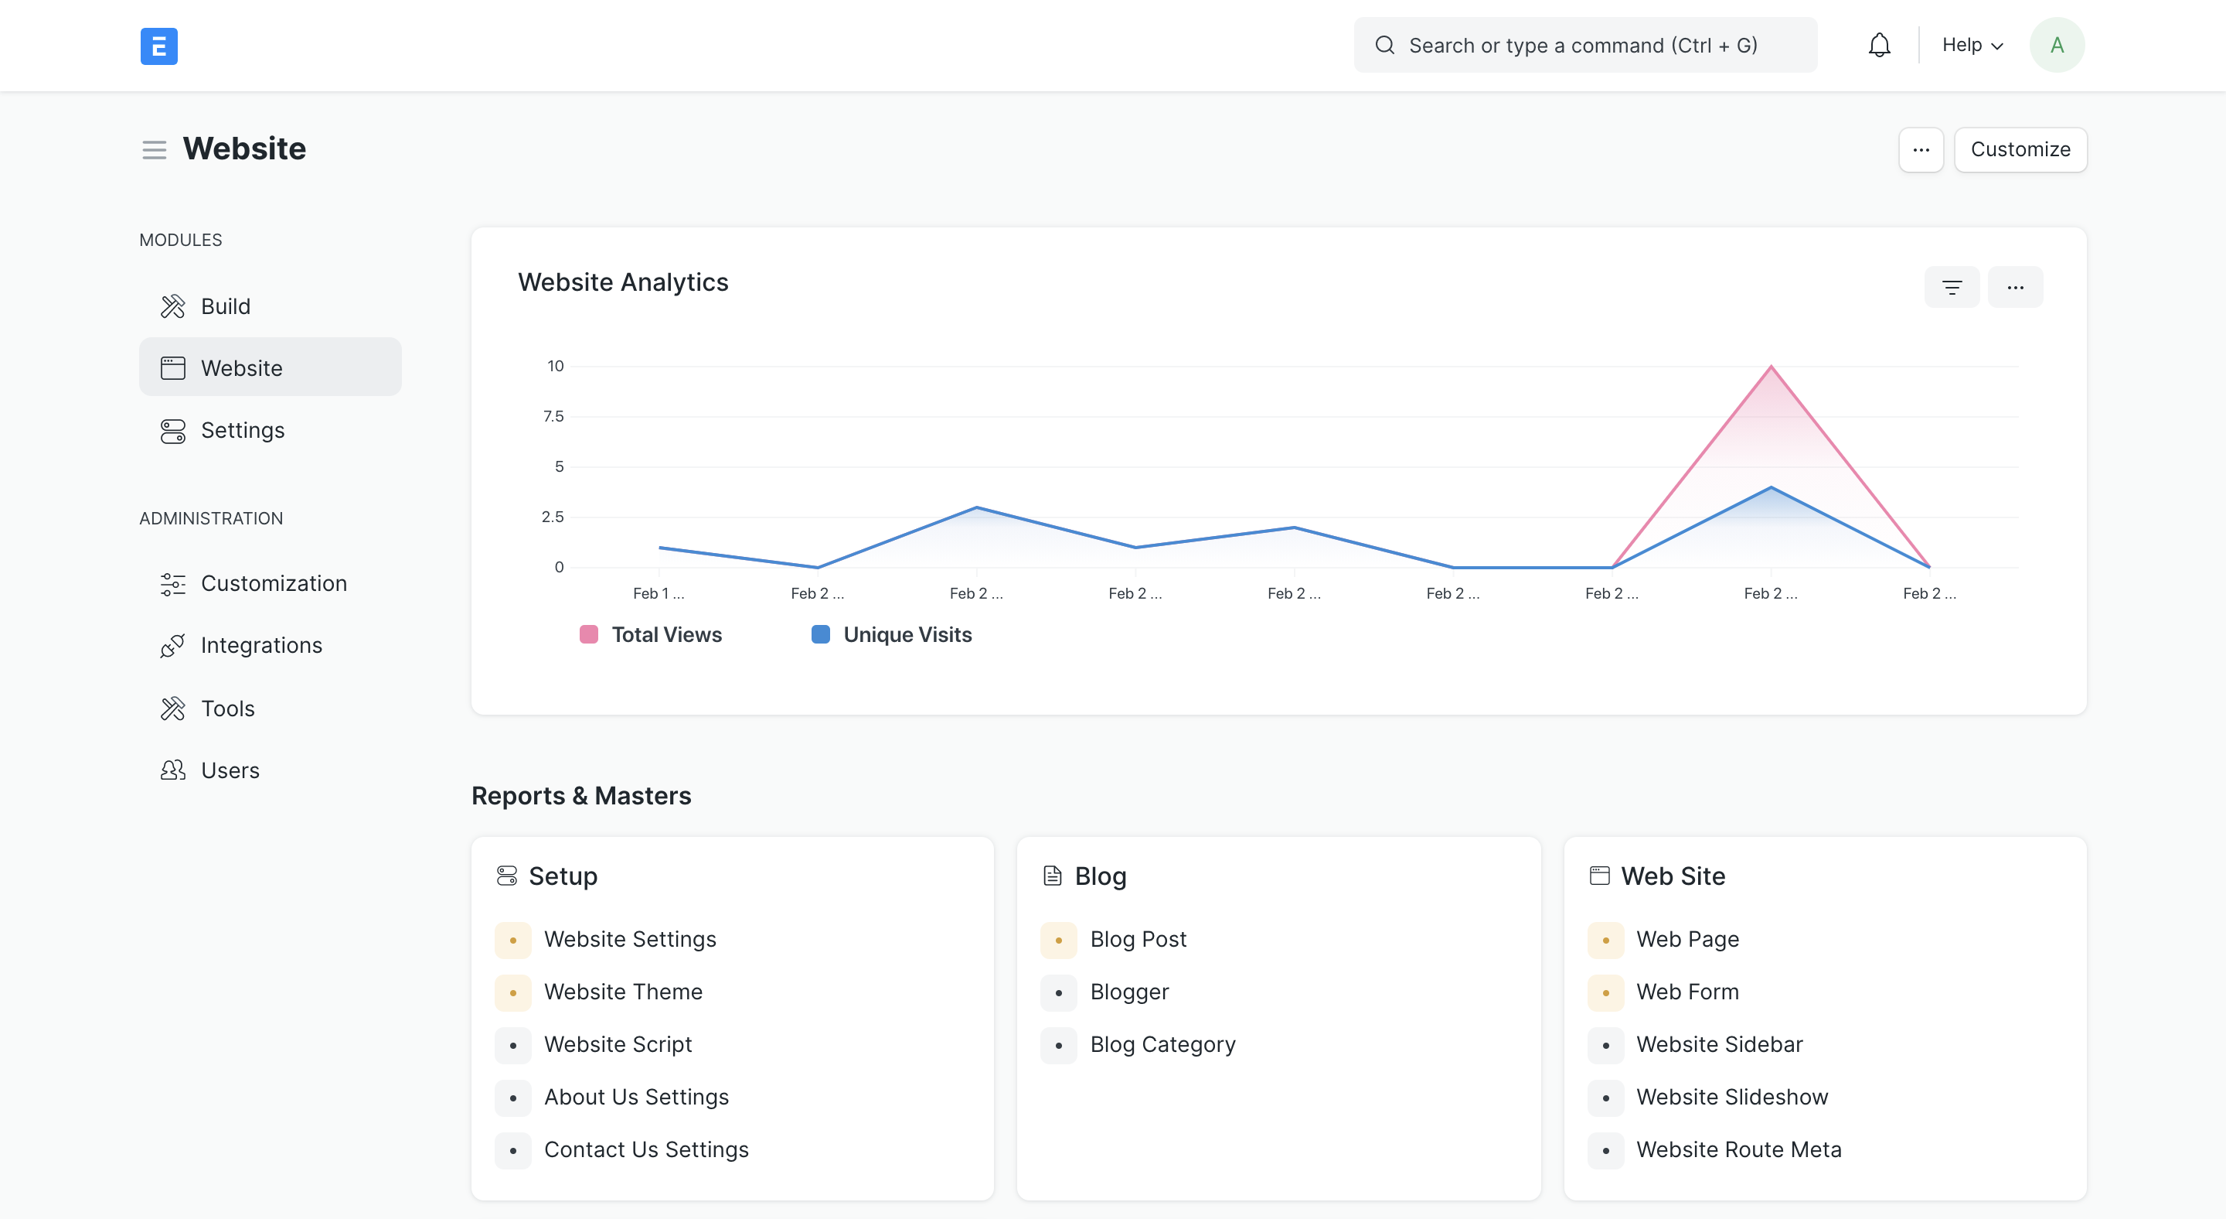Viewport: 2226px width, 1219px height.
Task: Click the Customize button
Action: tap(2020, 149)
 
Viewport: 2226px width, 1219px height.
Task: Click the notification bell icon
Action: tap(1879, 45)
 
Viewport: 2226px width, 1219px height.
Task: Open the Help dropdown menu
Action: tap(1971, 45)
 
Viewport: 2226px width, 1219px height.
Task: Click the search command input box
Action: tap(1584, 45)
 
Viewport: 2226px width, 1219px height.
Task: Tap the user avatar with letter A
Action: tap(2056, 45)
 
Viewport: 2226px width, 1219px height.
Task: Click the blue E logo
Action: tap(159, 46)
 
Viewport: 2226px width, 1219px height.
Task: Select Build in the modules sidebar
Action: tap(226, 306)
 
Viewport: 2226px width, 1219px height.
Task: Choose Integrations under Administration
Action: tap(261, 645)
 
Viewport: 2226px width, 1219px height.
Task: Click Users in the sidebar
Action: tap(230, 770)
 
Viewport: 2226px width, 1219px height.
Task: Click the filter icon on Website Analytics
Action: tap(1951, 287)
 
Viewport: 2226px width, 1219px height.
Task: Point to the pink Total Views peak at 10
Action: tap(1771, 367)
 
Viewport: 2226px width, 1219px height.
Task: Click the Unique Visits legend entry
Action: tap(907, 634)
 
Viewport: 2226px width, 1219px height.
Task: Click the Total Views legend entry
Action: tap(666, 634)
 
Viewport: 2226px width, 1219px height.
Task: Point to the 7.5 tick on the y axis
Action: tap(553, 417)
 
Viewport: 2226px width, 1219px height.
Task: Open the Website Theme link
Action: tap(622, 992)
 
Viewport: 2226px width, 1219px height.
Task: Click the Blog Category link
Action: tap(1162, 1044)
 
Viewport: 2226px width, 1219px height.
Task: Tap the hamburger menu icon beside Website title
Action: tap(154, 149)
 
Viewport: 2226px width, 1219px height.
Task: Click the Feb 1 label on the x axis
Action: tap(659, 593)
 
